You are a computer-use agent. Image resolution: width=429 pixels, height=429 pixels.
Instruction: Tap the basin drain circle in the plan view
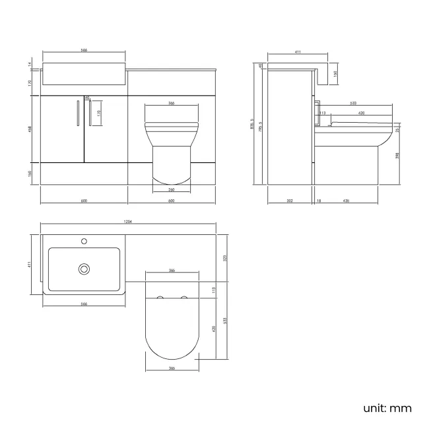[x=84, y=269]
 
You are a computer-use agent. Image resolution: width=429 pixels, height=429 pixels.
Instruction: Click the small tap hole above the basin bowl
[x=84, y=241]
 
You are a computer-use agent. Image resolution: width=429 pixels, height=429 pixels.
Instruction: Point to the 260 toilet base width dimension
[x=172, y=189]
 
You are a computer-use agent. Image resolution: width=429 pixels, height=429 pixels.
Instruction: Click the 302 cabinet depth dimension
[x=289, y=199]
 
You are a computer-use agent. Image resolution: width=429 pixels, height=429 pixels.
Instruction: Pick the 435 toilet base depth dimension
[x=346, y=199]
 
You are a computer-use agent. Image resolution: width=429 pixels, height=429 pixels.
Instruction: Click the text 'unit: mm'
[x=387, y=408]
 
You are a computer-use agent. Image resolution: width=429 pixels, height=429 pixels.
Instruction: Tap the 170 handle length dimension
[x=99, y=113]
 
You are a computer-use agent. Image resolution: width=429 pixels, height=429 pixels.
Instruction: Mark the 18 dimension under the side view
[x=318, y=199]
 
